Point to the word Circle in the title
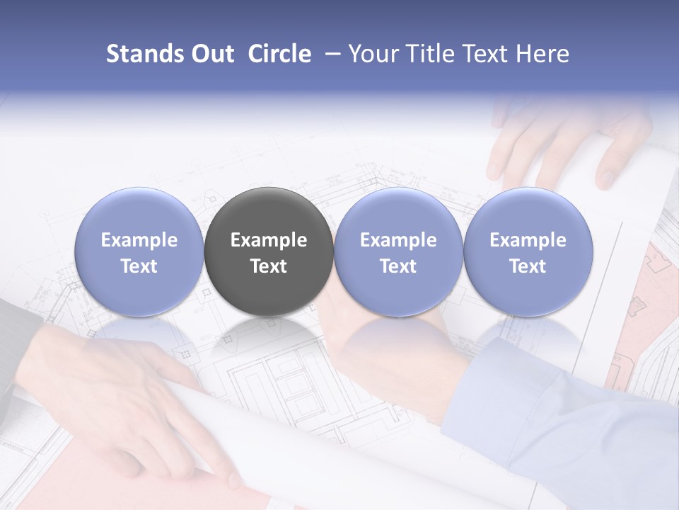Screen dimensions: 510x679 click(279, 54)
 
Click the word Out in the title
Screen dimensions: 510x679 click(212, 54)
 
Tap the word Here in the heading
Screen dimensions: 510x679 click(544, 54)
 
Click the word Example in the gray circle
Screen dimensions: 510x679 click(269, 240)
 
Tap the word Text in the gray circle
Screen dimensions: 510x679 click(269, 266)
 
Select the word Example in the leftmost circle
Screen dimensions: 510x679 click(139, 240)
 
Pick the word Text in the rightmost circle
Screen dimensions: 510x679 click(528, 266)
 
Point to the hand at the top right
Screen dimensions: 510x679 click(566, 142)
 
